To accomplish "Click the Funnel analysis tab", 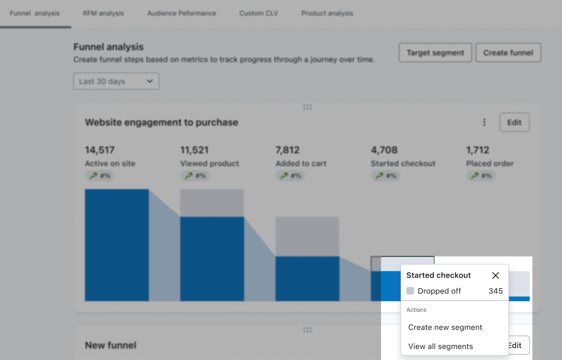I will [x=35, y=13].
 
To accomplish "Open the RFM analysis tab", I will [x=103, y=13].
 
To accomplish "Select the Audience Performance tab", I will [x=182, y=13].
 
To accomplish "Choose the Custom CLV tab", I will [x=259, y=13].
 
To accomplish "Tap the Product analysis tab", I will [x=327, y=13].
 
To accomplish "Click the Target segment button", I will [x=435, y=53].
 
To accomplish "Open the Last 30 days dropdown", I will [x=116, y=81].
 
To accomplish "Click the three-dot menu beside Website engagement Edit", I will [x=484, y=122].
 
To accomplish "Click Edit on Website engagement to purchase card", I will [x=514, y=122].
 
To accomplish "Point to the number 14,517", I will [x=100, y=150].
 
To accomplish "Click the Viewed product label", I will [x=209, y=163].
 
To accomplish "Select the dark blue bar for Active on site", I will [x=117, y=245].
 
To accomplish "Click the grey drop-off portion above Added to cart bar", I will [x=307, y=236].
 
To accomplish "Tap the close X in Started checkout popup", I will [x=495, y=275].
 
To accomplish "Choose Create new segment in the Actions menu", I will [x=445, y=327].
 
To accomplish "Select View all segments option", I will [x=440, y=346].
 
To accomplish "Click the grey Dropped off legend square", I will [x=410, y=291].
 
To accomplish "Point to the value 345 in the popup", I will [x=495, y=291].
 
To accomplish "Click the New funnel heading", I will [x=110, y=345].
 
